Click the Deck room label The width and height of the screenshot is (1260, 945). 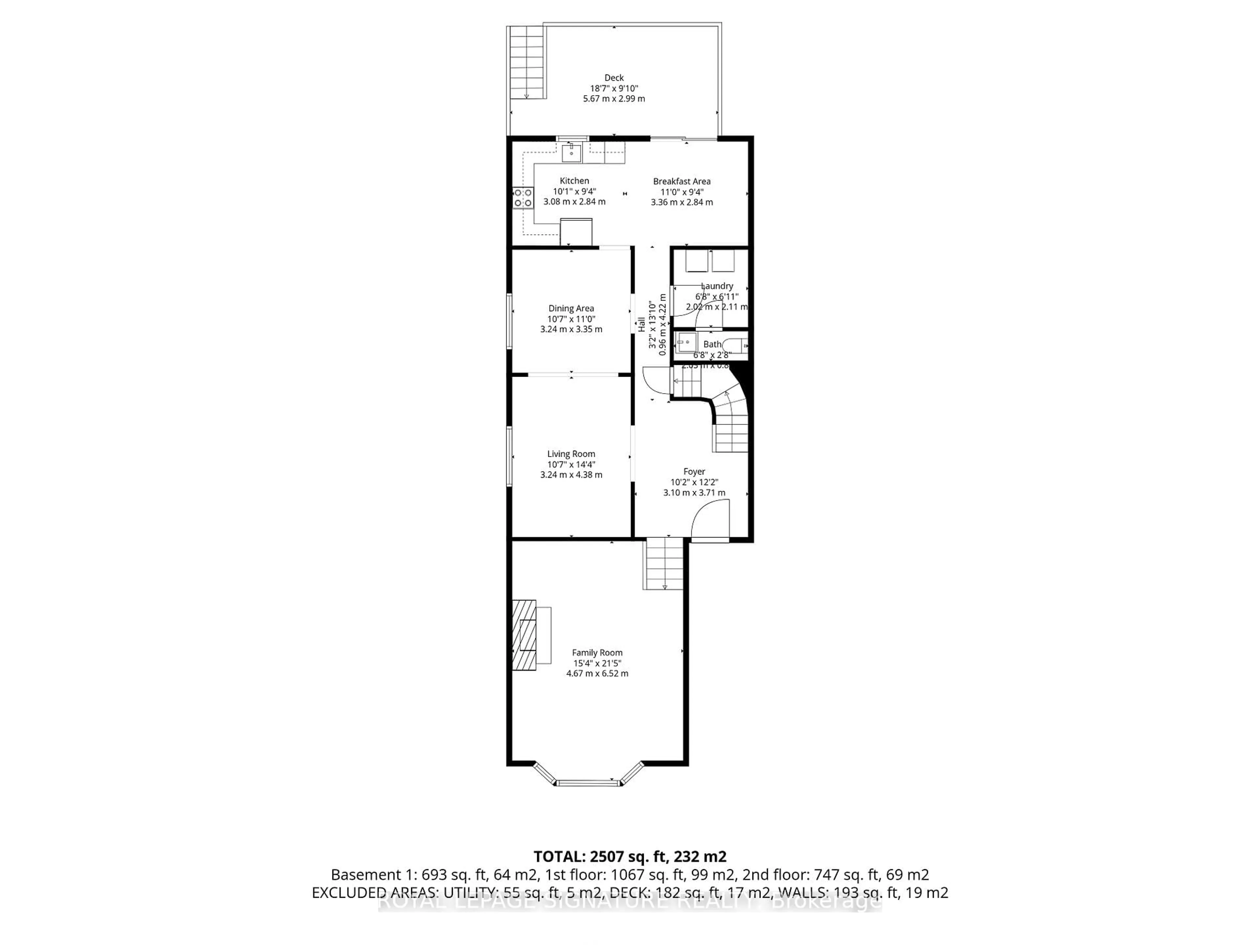tap(614, 77)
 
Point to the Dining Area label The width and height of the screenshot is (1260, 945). tap(571, 308)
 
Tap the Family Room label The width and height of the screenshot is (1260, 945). tap(597, 652)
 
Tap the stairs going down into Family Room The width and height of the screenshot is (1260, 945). tap(663, 564)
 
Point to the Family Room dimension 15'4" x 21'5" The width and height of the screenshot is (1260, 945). tap(597, 663)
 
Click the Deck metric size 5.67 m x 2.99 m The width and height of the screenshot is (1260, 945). tap(614, 98)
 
